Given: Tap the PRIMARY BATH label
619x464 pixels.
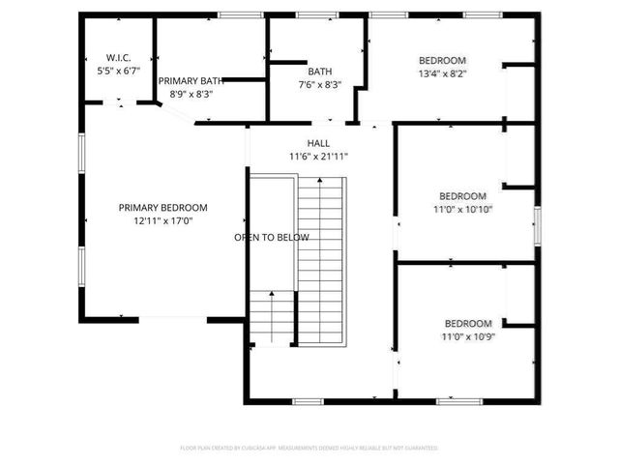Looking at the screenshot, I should pyautogui.click(x=191, y=81).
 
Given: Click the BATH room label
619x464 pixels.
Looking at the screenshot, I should pyautogui.click(x=319, y=72).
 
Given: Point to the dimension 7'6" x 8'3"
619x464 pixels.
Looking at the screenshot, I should pyautogui.click(x=319, y=85).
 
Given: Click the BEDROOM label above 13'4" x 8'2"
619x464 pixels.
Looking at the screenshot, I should pyautogui.click(x=442, y=59).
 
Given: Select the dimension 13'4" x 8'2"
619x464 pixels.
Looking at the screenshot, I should pyautogui.click(x=442, y=72).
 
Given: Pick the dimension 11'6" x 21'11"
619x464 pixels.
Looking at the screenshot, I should pyautogui.click(x=318, y=157).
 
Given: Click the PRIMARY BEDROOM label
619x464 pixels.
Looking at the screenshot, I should pyautogui.click(x=162, y=208).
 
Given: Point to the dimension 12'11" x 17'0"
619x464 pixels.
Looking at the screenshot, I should pyautogui.click(x=162, y=221).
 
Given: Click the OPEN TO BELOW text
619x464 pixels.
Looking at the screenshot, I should pyautogui.click(x=272, y=238).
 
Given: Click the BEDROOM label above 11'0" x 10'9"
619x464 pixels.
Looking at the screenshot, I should pyautogui.click(x=468, y=323).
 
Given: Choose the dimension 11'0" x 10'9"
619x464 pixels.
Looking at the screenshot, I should pyautogui.click(x=468, y=336).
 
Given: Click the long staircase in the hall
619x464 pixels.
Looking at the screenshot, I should pyautogui.click(x=320, y=261).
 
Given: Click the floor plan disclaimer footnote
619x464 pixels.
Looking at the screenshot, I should pyautogui.click(x=309, y=448).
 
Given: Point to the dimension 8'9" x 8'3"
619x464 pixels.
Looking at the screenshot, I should pyautogui.click(x=191, y=95).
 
